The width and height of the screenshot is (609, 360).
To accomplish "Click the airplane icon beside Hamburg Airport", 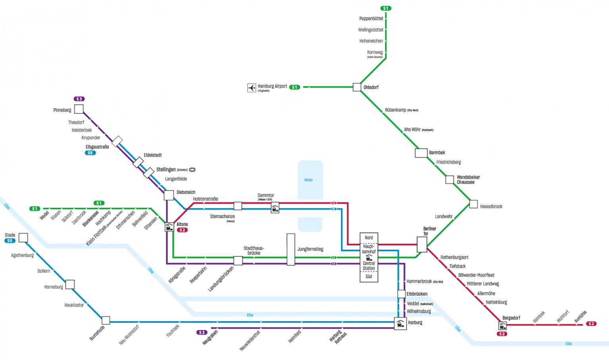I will click(252, 88).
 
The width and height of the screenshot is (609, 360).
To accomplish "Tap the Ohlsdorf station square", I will click(357, 87).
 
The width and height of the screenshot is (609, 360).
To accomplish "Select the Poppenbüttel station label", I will click(371, 19).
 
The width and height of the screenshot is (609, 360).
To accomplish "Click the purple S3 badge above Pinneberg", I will click(79, 99).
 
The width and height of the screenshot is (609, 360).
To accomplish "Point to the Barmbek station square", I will click(421, 153).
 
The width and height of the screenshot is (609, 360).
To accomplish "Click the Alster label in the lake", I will click(308, 180).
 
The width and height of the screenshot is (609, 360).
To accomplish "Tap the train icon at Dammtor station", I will click(275, 208).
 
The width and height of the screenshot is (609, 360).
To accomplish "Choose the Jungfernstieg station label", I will click(310, 249).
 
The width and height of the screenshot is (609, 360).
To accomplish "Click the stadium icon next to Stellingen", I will click(192, 170).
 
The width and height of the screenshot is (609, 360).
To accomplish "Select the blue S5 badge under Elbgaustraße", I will click(90, 153).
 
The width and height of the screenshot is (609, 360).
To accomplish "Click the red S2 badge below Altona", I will click(182, 230).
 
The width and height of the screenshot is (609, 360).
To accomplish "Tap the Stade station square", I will click(23, 237).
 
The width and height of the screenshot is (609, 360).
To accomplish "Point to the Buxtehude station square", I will click(106, 320).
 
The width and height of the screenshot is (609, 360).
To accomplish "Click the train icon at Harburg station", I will click(400, 324).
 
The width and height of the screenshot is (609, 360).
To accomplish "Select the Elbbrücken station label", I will click(417, 294).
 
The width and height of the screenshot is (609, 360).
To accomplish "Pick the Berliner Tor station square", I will click(422, 245).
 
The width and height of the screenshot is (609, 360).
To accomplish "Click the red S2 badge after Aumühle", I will click(591, 324).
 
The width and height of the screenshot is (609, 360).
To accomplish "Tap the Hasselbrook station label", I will click(491, 207).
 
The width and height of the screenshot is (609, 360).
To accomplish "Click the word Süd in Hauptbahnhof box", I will click(369, 277).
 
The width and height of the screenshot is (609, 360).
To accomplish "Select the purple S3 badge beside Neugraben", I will click(202, 332).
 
